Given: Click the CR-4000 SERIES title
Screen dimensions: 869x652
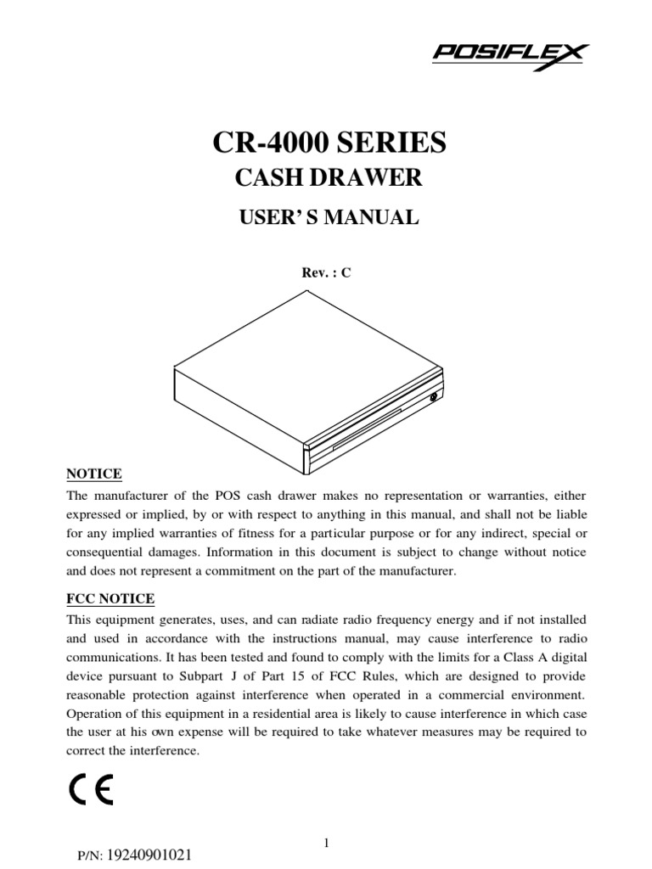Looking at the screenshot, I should coord(327,143).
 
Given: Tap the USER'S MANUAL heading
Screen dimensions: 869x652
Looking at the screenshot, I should coord(327,218).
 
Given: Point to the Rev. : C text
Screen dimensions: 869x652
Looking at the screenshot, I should coord(328,273).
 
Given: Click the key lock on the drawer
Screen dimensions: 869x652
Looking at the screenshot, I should coord(434,396).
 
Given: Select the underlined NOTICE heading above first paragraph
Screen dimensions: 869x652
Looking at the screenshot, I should coord(94,474).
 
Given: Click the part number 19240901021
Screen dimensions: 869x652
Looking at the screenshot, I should coord(148,855).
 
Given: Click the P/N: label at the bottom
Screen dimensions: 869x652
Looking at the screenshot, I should coord(88,856).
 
